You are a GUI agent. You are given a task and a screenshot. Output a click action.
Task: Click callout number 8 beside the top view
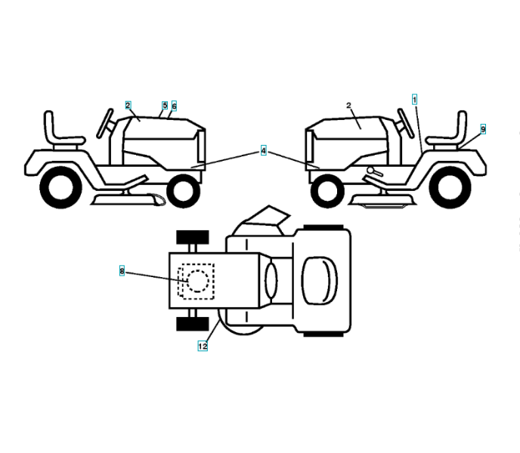pyautogui.click(x=122, y=270)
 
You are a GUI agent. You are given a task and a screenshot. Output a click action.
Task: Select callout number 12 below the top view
pyautogui.click(x=203, y=346)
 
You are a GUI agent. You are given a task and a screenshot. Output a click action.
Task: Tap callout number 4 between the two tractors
pyautogui.click(x=263, y=151)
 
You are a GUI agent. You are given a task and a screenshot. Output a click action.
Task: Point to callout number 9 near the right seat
pyautogui.click(x=482, y=129)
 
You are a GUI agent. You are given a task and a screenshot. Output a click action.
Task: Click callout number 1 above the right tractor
pyautogui.click(x=414, y=99)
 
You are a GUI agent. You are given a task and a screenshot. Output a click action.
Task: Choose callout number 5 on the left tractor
pyautogui.click(x=165, y=106)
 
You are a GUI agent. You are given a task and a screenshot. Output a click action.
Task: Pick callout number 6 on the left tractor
pyautogui.click(x=174, y=106)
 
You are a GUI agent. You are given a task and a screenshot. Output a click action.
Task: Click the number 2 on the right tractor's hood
pyautogui.click(x=348, y=106)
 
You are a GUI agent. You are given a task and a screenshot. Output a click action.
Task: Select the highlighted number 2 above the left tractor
pyautogui.click(x=128, y=105)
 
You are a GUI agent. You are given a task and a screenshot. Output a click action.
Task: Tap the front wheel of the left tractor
pyautogui.click(x=182, y=190)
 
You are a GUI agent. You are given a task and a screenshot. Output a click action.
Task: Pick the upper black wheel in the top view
pyautogui.click(x=192, y=236)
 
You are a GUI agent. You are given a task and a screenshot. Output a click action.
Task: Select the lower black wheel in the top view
pyautogui.click(x=192, y=324)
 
